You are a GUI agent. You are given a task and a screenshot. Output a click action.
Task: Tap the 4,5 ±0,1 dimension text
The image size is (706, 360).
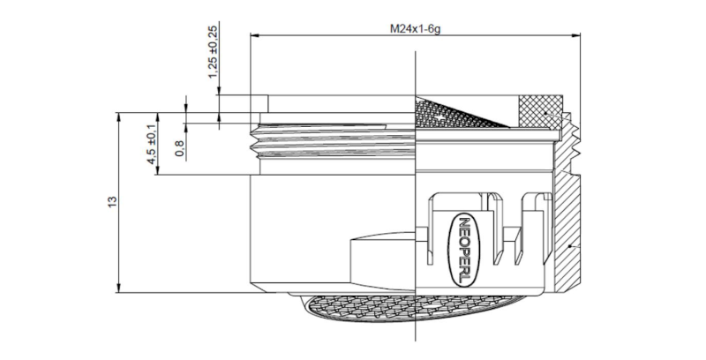(151, 145)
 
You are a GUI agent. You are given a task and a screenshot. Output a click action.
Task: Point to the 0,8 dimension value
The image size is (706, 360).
(179, 149)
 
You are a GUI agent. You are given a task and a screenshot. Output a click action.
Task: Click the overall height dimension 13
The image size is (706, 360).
(111, 202)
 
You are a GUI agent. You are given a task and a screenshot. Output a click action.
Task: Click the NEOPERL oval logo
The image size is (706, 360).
(466, 250)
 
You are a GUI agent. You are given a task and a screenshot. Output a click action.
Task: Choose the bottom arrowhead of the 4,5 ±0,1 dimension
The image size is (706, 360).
(157, 172)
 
